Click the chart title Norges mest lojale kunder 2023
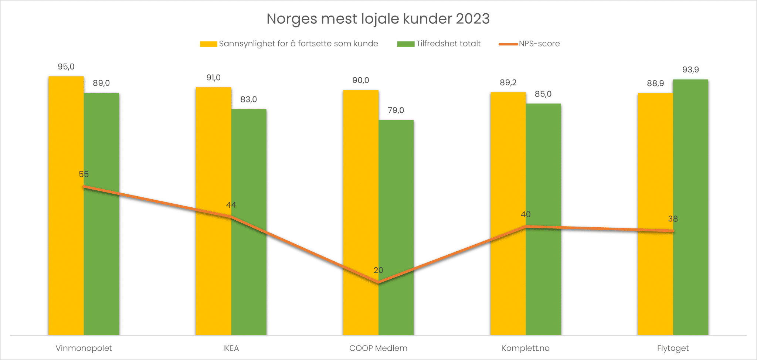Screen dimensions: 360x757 click(x=378, y=19)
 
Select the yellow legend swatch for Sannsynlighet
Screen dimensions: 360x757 click(x=208, y=44)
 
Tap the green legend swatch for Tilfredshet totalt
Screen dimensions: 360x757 click(x=405, y=44)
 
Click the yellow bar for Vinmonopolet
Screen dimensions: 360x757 click(x=66, y=259)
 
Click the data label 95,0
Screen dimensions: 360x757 click(x=66, y=67)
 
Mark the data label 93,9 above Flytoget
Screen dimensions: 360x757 click(x=690, y=70)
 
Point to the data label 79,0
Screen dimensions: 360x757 click(x=396, y=111)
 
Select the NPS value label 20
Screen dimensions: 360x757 click(x=378, y=270)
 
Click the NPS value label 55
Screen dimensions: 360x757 click(x=84, y=174)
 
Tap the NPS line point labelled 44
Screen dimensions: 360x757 click(x=231, y=217)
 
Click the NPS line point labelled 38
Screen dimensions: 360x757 click(x=673, y=231)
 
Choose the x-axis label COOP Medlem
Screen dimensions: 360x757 click(x=378, y=348)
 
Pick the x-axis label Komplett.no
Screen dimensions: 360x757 click(x=525, y=348)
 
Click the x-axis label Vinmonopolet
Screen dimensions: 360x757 click(x=84, y=348)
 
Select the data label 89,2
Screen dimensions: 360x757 click(x=508, y=83)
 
